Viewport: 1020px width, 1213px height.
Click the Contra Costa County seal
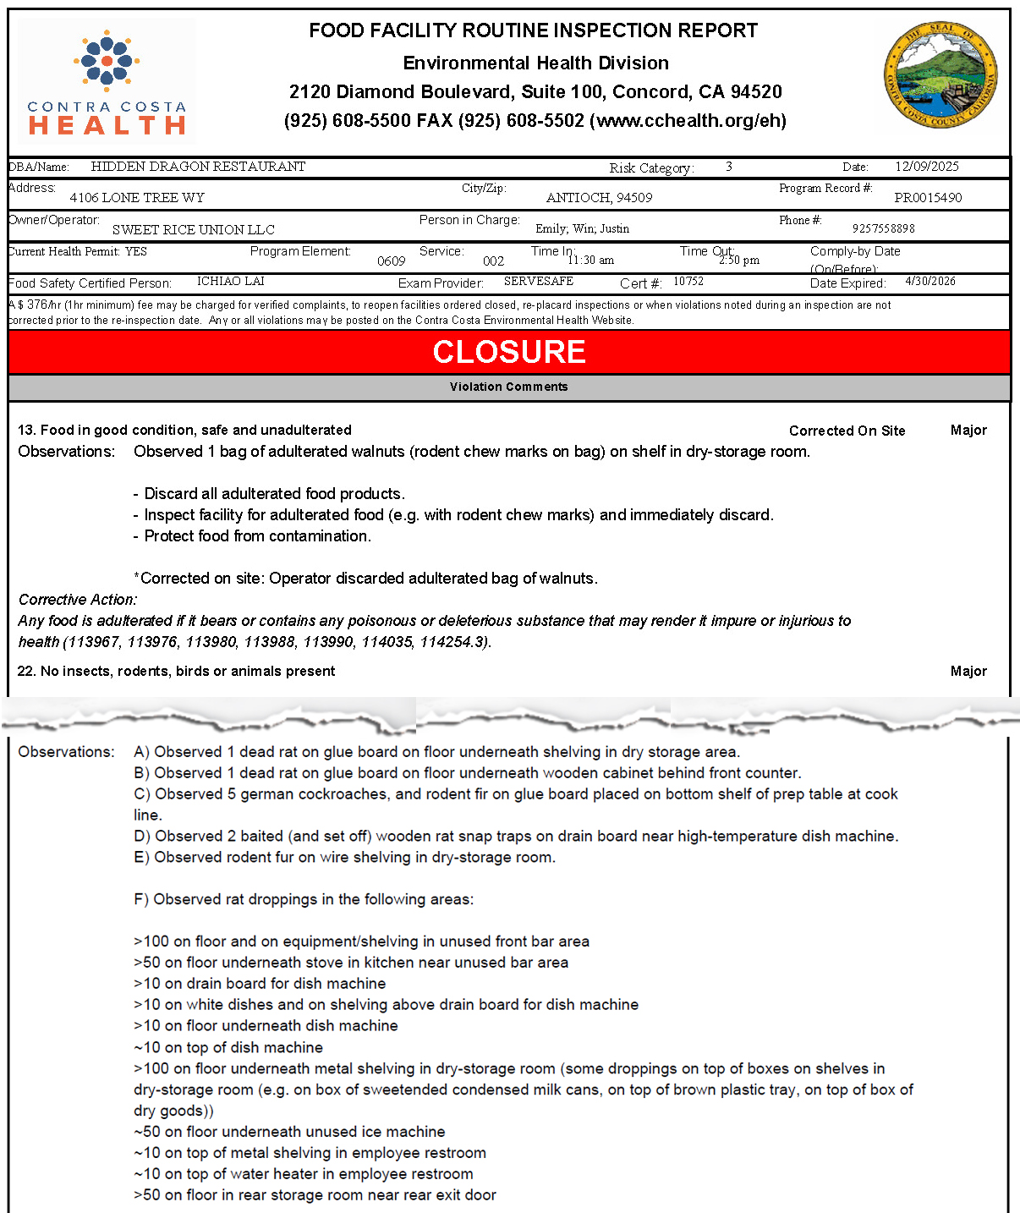pyautogui.click(x=940, y=75)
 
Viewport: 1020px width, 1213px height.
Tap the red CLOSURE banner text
pyautogui.click(x=509, y=352)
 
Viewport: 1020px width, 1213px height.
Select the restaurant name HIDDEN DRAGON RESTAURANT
pyautogui.click(x=198, y=167)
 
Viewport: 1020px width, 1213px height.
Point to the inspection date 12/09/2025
pyautogui.click(x=926, y=167)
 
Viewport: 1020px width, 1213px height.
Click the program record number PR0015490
pyautogui.click(x=927, y=198)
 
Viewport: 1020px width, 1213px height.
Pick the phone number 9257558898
pyautogui.click(x=883, y=228)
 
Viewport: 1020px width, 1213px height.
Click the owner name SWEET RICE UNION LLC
pyautogui.click(x=193, y=229)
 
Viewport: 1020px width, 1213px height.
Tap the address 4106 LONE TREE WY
pyautogui.click(x=137, y=198)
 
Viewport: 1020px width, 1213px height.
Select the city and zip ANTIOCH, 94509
pyautogui.click(x=599, y=198)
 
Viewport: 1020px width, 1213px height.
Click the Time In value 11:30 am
pyautogui.click(x=591, y=260)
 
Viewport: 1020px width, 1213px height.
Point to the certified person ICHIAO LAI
pyautogui.click(x=230, y=281)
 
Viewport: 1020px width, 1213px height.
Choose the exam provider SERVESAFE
pyautogui.click(x=538, y=281)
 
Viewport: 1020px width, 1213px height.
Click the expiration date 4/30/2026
pyautogui.click(x=930, y=281)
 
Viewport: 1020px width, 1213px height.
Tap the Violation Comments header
pyautogui.click(x=508, y=387)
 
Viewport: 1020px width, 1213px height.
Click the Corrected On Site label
pyautogui.click(x=847, y=431)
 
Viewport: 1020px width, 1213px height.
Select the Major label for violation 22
pyautogui.click(x=968, y=671)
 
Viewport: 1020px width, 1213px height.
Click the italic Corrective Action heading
pyautogui.click(x=78, y=599)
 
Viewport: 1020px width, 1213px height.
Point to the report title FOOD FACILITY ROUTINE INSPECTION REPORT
pyautogui.click(x=533, y=30)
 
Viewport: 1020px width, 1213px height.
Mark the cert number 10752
pyautogui.click(x=688, y=281)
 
